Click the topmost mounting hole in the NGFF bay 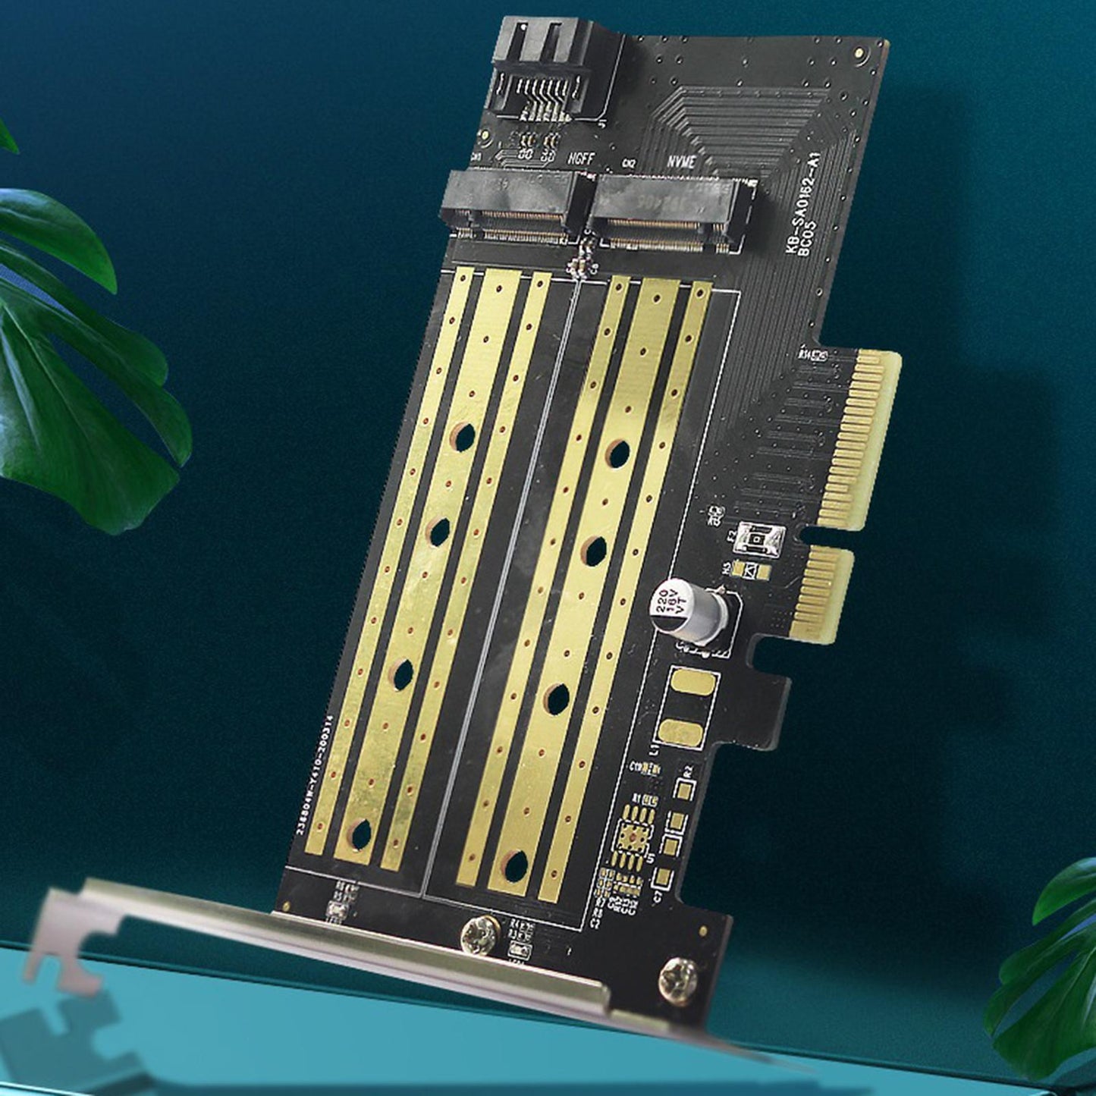(x=462, y=435)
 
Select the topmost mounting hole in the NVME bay (x=618, y=453)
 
